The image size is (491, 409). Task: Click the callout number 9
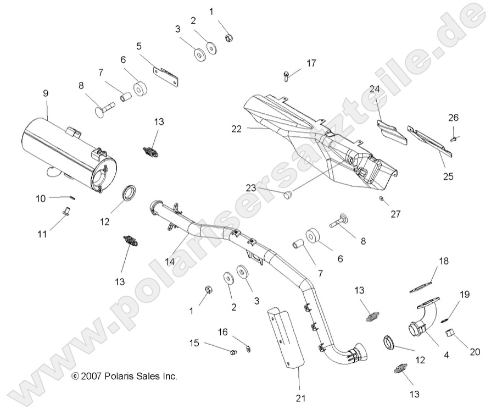tap(46, 94)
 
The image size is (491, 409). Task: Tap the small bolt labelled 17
tap(287, 75)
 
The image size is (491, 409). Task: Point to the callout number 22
tap(237, 128)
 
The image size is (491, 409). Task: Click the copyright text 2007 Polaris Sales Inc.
tap(125, 377)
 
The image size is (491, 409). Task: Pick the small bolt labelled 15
tap(233, 351)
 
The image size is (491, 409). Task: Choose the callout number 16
tap(223, 332)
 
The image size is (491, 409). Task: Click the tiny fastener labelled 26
tap(454, 139)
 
